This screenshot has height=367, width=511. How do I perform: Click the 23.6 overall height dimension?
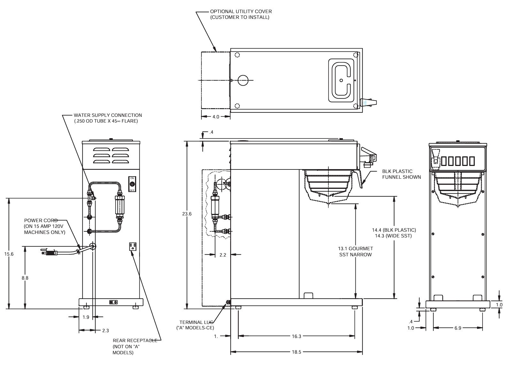pyautogui.click(x=187, y=214)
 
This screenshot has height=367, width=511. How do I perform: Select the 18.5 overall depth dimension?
pyautogui.click(x=296, y=352)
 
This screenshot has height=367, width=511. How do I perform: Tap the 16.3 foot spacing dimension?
pyautogui.click(x=296, y=336)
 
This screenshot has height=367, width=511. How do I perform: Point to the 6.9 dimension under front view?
pyautogui.click(x=458, y=328)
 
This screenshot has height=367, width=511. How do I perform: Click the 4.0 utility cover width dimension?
pyautogui.click(x=216, y=117)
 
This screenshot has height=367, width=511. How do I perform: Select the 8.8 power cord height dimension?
pyautogui.click(x=25, y=278)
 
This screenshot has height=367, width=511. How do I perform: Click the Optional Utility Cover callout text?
pyautogui.click(x=241, y=14)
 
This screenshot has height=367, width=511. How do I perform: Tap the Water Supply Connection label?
pyautogui.click(x=108, y=118)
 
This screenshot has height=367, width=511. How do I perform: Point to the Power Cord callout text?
pyautogui.click(x=44, y=226)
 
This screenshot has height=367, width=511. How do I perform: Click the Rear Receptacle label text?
pyautogui.click(x=135, y=347)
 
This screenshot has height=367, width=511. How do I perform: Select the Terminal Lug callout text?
pyautogui.click(x=195, y=325)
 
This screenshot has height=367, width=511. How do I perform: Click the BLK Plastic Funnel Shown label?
pyautogui.click(x=401, y=174)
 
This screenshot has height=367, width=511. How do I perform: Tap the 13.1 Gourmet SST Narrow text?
pyautogui.click(x=355, y=251)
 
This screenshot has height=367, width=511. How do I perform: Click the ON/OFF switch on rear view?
pyautogui.click(x=132, y=184)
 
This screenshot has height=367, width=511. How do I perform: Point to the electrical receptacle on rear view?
pyautogui.click(x=133, y=246)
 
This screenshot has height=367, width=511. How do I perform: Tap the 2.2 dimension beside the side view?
pyautogui.click(x=223, y=255)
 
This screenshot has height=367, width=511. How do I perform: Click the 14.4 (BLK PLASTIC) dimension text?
pyautogui.click(x=394, y=230)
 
